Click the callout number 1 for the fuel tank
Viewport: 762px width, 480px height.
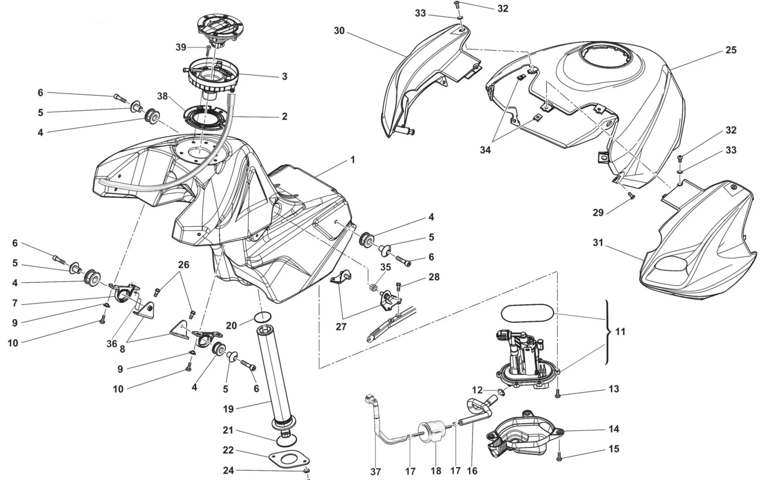tap(352, 160)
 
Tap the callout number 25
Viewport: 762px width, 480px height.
tap(731, 50)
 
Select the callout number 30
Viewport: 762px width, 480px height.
tap(339, 31)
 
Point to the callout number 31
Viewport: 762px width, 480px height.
tap(598, 242)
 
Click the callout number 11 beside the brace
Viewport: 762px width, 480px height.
tap(620, 332)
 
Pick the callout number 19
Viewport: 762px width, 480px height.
tap(228, 409)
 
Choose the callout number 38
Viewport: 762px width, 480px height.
tap(163, 96)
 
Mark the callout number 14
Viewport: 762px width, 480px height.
tap(613, 429)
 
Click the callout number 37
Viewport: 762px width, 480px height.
tap(376, 472)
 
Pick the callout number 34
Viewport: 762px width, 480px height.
tap(485, 150)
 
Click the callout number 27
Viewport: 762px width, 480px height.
tap(341, 326)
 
